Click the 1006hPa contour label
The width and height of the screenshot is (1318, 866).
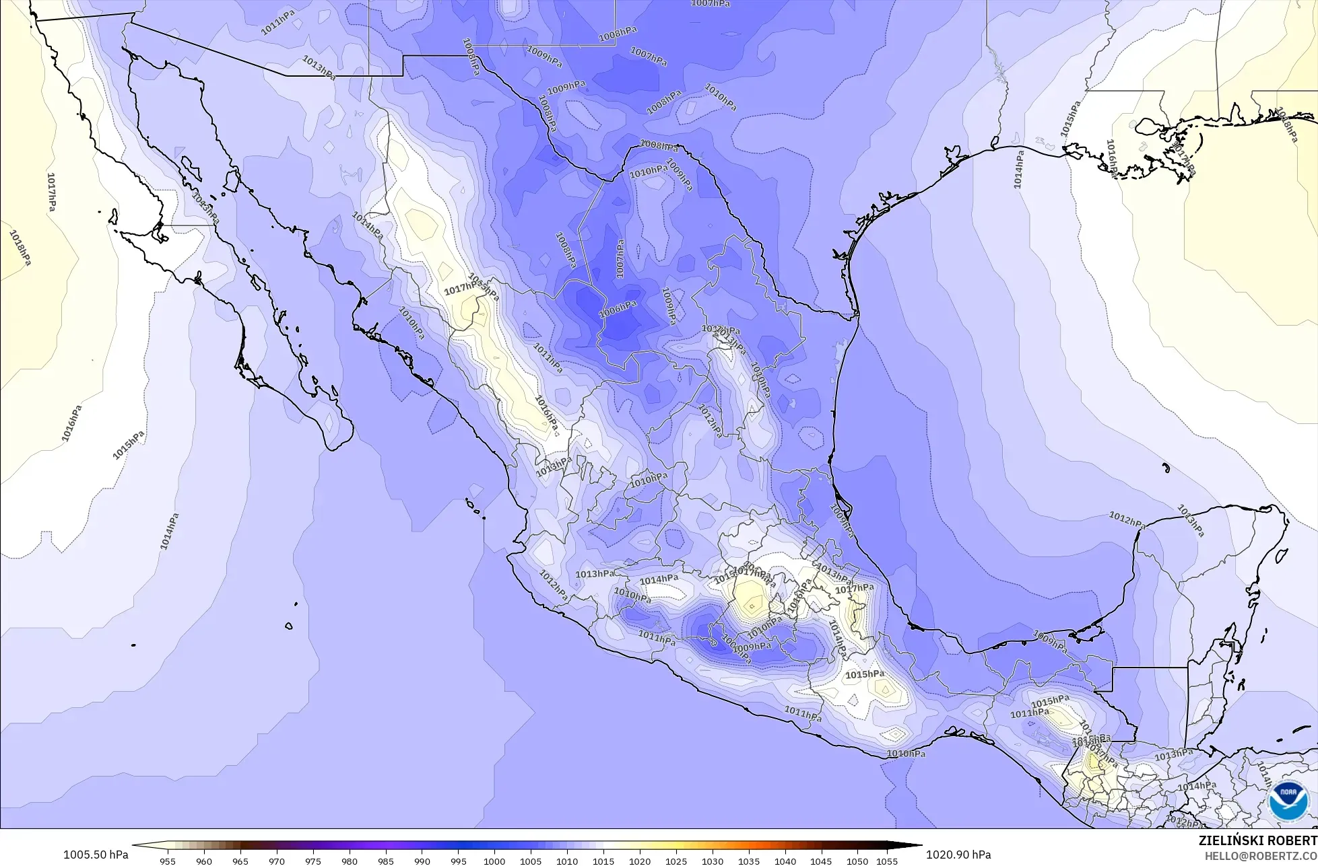tap(618, 309)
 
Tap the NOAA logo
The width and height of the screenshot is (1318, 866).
tap(1289, 802)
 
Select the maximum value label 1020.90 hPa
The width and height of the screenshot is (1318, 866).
tap(958, 855)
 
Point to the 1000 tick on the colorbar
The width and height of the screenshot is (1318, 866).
tap(494, 861)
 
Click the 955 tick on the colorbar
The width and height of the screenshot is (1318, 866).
tap(168, 861)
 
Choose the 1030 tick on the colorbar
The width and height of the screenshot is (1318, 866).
tap(712, 861)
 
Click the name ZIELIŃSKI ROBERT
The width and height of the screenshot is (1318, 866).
tap(1258, 840)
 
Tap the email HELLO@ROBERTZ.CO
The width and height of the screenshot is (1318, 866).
tap(1261, 855)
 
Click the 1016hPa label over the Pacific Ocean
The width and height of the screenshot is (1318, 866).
tap(71, 423)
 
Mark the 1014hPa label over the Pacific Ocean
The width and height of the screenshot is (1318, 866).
tap(170, 532)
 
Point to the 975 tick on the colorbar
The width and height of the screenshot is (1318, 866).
tap(313, 861)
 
